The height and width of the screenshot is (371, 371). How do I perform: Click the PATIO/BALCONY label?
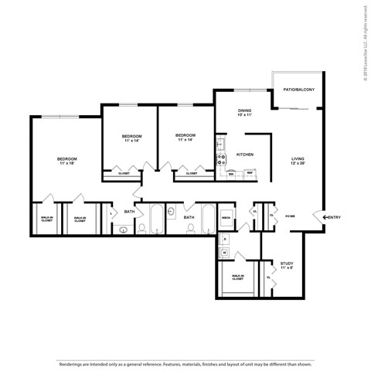pos(298,89)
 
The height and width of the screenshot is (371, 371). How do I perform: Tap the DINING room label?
pos(244,114)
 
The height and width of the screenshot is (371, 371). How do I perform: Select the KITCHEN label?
pos(245,154)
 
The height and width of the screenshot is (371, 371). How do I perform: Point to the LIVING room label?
pos(298,162)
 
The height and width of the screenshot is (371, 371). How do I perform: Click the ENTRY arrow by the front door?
pos(325,217)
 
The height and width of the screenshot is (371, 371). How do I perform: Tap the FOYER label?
pos(291,217)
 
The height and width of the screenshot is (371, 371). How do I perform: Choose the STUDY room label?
pos(287,266)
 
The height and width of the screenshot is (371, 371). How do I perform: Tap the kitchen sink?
pos(220,144)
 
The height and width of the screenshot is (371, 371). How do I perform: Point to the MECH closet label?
pos(226,218)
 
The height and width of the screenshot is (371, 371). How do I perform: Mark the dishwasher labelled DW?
pos(230,174)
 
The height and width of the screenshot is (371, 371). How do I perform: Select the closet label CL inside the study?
pos(268,277)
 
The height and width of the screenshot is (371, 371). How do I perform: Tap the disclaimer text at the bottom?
pos(185,362)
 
